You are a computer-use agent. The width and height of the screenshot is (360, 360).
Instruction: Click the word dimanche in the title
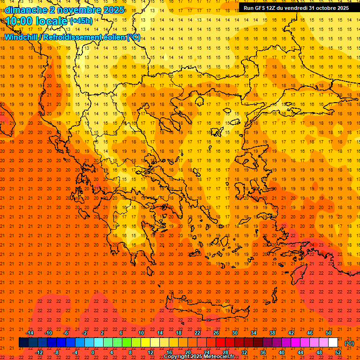tap(25, 10)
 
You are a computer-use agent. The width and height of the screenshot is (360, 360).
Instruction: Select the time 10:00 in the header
tap(21, 21)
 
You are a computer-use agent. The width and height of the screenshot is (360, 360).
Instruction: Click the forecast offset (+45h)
tap(81, 21)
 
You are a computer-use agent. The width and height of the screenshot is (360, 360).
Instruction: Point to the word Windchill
tap(22, 37)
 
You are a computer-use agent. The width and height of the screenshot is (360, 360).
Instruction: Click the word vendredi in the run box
tap(300, 8)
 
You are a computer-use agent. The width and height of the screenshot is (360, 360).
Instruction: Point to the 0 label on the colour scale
tap(93, 352)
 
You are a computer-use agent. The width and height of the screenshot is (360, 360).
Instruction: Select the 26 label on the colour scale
tap(216, 333)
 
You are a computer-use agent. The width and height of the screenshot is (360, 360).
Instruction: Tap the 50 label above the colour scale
tap(329, 333)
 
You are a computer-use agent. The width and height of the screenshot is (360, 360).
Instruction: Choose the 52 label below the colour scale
tap(338, 352)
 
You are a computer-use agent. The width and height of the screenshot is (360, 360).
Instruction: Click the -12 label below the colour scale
tap(39, 352)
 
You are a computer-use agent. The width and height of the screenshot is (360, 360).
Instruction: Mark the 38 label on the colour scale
tap(272, 333)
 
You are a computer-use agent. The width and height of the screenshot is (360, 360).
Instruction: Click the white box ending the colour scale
tap(333, 343)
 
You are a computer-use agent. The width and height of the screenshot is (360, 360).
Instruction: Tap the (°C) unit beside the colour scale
tap(349, 343)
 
